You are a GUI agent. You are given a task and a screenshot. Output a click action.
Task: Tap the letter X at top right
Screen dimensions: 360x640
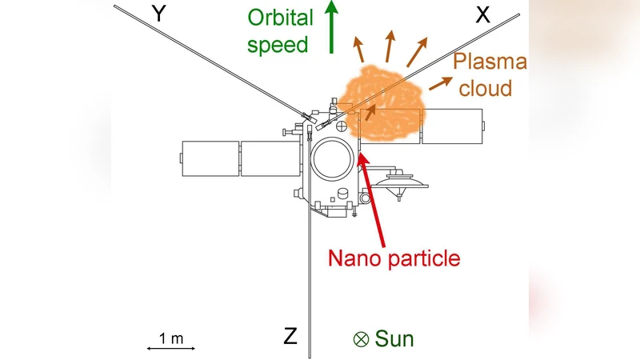(x=482, y=14)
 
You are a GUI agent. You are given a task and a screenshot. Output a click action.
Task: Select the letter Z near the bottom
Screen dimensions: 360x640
(x=291, y=335)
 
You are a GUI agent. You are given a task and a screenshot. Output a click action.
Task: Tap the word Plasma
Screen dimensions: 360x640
(x=489, y=62)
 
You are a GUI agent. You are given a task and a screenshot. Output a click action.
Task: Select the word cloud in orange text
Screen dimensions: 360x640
(x=486, y=86)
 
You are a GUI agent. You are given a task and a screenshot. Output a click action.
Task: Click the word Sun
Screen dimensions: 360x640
(x=395, y=338)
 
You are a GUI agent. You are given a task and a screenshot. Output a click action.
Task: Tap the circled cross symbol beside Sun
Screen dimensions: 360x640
(x=361, y=339)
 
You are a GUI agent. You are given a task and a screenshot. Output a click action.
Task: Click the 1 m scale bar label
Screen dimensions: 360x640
(x=171, y=338)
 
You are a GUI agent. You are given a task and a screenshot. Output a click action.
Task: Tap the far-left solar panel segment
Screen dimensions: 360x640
(x=210, y=158)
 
